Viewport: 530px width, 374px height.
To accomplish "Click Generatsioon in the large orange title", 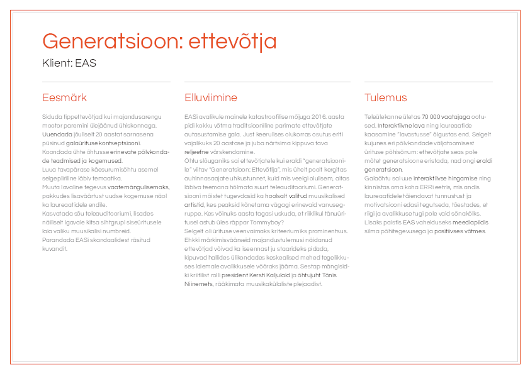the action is pos(104,41).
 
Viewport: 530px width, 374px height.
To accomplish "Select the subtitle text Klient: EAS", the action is pos(69,63).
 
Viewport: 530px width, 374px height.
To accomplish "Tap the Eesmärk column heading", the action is pos(64,98).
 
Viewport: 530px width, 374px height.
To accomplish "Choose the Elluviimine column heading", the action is pos(211,98).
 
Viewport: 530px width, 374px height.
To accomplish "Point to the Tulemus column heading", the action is pos(385,98).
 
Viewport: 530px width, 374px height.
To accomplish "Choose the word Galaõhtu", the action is pos(377,179).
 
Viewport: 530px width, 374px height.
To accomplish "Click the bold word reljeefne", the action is pos(196,152).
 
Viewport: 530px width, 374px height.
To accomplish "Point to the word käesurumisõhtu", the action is pos(114,170).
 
